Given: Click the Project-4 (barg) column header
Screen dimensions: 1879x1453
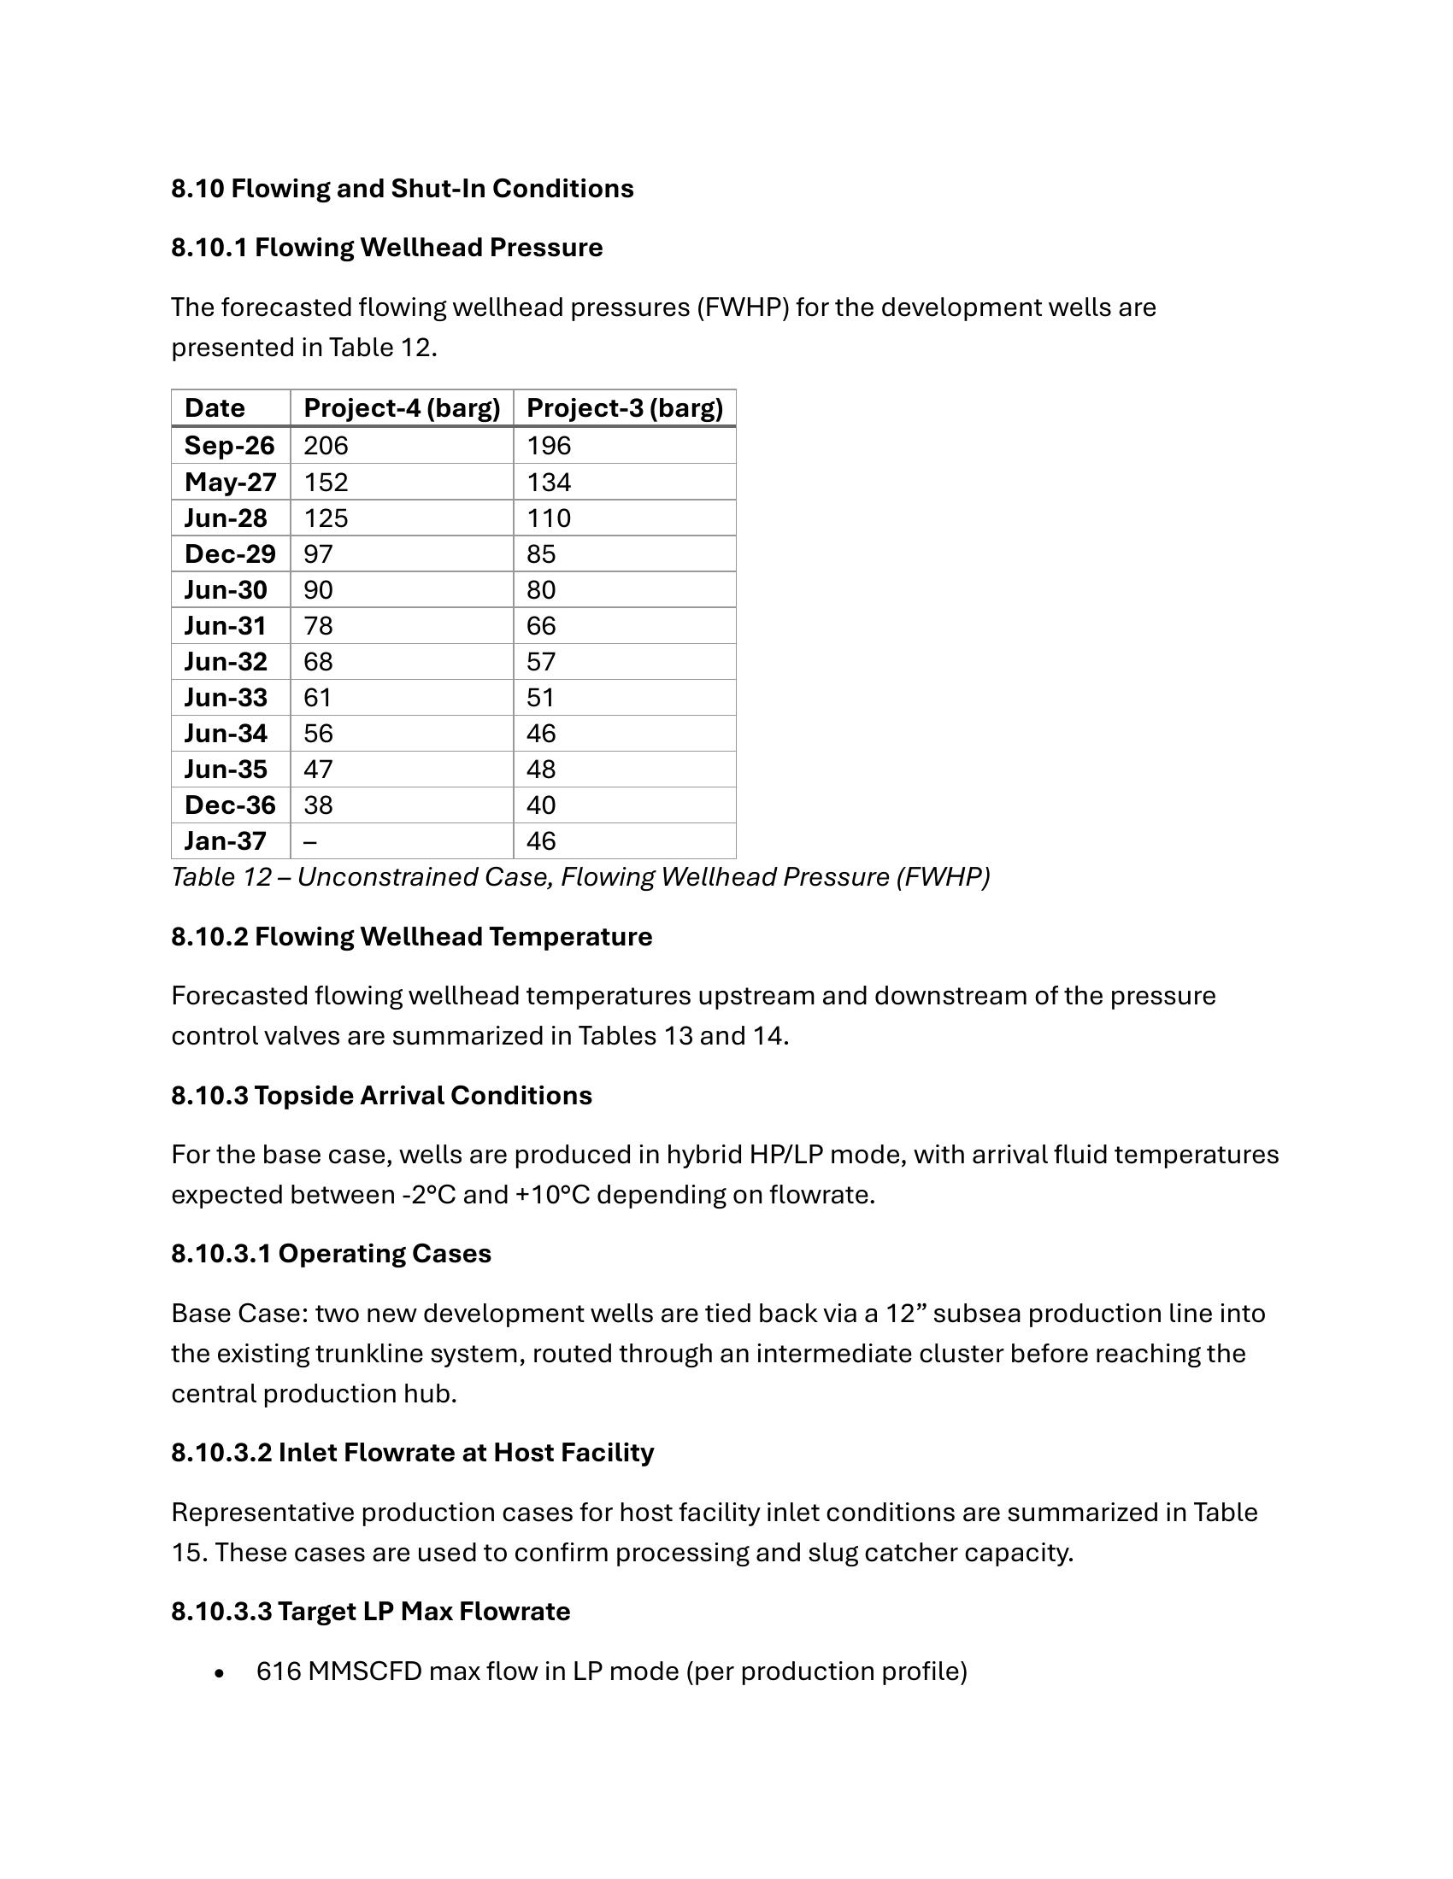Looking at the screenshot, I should [x=401, y=407].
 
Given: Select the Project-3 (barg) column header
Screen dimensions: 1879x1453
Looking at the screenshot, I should [x=624, y=407].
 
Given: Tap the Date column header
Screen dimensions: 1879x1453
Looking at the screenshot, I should [x=215, y=407].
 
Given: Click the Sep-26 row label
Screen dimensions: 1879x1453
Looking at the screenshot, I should [x=229, y=446].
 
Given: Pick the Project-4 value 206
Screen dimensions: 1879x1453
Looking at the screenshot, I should [x=326, y=446].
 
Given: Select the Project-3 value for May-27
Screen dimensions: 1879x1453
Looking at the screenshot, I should [x=549, y=482].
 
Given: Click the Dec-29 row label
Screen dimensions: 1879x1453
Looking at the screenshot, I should [x=230, y=554].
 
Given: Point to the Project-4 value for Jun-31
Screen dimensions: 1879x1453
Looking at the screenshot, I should [x=318, y=626].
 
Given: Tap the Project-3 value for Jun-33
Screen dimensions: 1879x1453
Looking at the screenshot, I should [x=540, y=698].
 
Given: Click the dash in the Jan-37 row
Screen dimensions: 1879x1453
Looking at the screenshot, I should [x=310, y=841].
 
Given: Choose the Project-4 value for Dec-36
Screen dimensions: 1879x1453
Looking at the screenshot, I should [x=318, y=805].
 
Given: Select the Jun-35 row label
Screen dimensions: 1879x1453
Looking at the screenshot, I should [x=226, y=770].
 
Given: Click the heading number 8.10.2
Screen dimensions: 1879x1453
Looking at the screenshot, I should [x=209, y=937].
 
